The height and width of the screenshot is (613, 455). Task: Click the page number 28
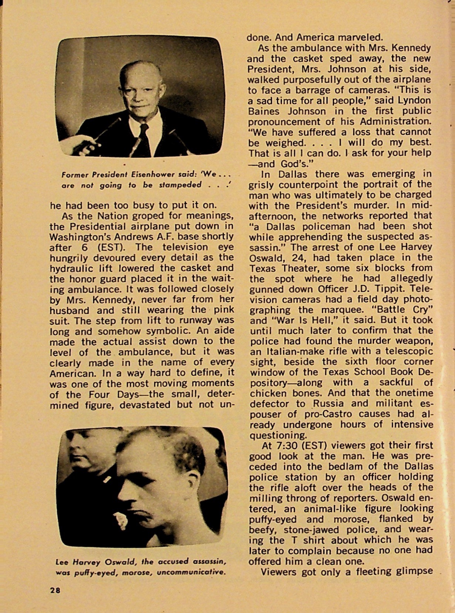click(55, 590)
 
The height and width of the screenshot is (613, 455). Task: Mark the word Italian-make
click(284, 351)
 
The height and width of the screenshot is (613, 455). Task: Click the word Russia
click(328, 403)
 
